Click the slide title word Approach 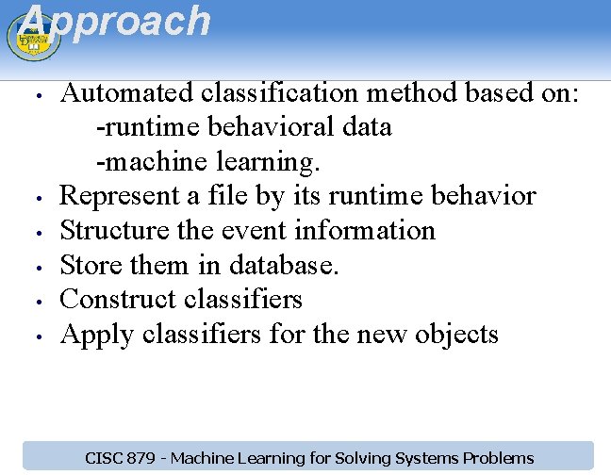[x=113, y=21]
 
